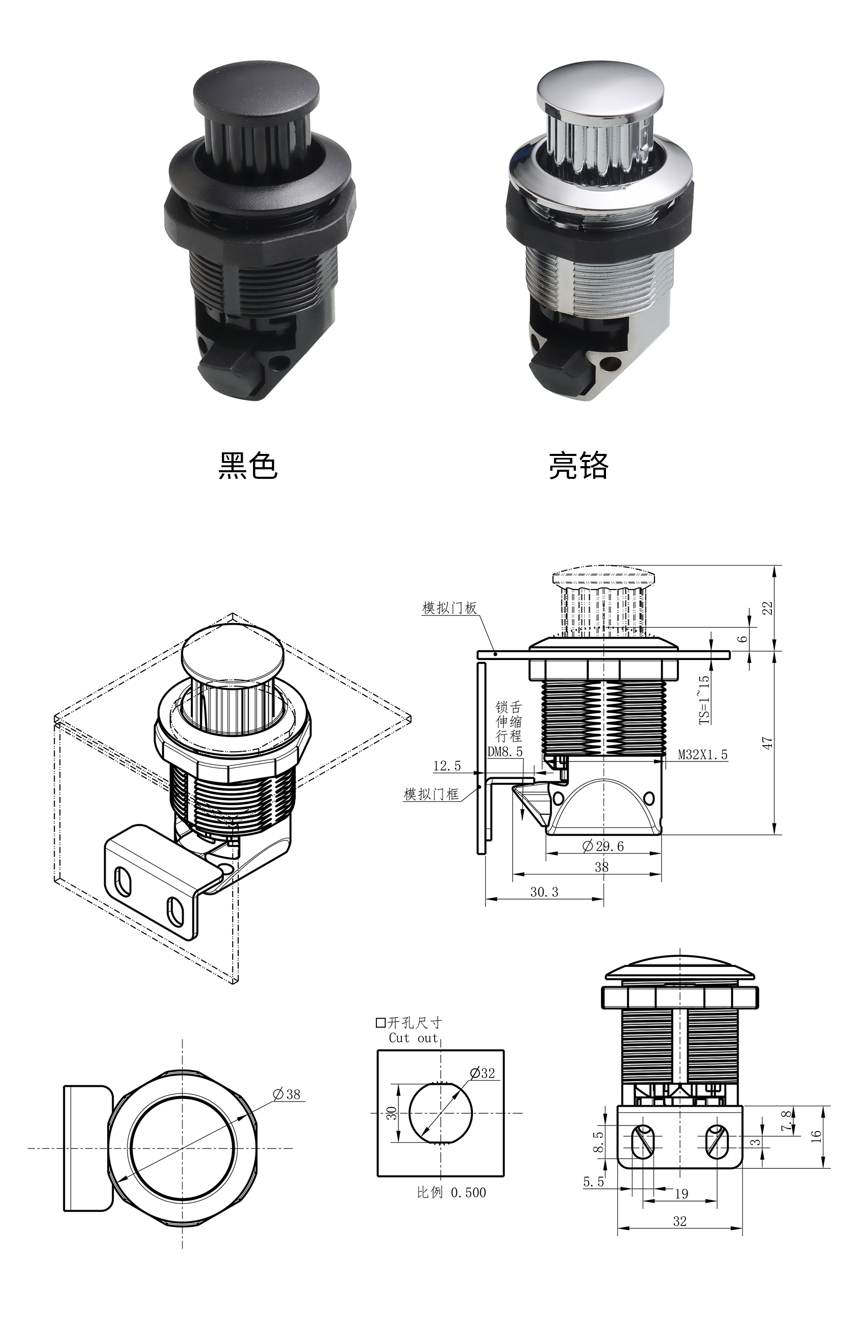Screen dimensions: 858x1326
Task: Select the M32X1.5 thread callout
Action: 702,755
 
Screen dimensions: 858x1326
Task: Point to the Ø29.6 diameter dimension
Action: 603,846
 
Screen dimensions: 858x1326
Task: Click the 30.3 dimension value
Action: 544,891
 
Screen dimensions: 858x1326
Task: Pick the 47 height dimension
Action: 768,743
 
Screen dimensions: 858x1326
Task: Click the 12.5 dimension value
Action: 447,766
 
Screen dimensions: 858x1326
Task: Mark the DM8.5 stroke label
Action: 506,751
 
